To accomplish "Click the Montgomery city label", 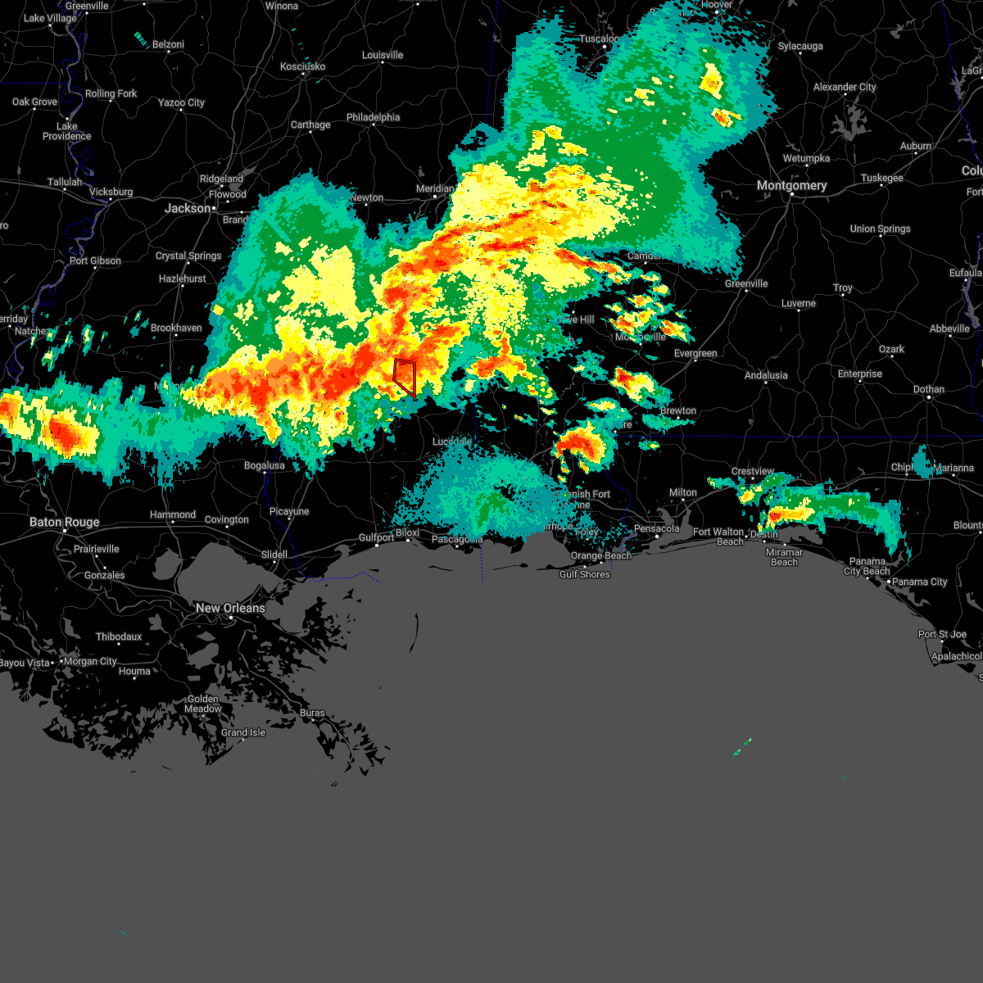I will tap(791, 186).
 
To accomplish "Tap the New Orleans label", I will tap(230, 608).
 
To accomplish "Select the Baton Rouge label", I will tap(64, 522).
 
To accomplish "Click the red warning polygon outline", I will tap(405, 378).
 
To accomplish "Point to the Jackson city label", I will tap(188, 208).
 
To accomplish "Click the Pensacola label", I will tap(656, 528).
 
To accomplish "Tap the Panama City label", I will tap(920, 582).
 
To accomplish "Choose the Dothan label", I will tap(928, 389).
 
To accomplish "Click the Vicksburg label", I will tap(111, 192).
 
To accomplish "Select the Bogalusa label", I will tap(264, 465).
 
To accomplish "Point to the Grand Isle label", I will tap(243, 732).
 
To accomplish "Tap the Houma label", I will tap(134, 671).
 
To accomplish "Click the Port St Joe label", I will tap(942, 634).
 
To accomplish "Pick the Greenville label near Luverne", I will tap(746, 283).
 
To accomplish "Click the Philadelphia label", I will tap(373, 117).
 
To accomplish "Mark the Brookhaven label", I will tap(176, 328).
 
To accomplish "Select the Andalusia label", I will tap(766, 375).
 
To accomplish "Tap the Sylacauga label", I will tap(800, 46).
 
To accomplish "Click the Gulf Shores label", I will tap(584, 574).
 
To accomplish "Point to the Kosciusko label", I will tap(302, 66).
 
